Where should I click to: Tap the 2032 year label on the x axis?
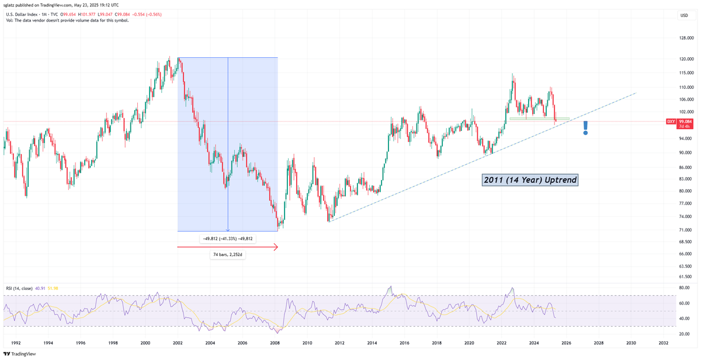coord(663,343)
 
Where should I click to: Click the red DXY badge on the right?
coord(671,122)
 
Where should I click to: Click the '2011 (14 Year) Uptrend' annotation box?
coord(530,180)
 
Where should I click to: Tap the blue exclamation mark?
coord(585,127)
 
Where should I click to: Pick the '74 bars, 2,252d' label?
coord(228,255)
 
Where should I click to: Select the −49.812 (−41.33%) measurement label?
coord(228,238)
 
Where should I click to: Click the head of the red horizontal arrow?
coord(276,247)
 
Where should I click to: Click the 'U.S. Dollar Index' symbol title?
coord(23,14)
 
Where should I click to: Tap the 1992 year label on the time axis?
coord(16,343)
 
